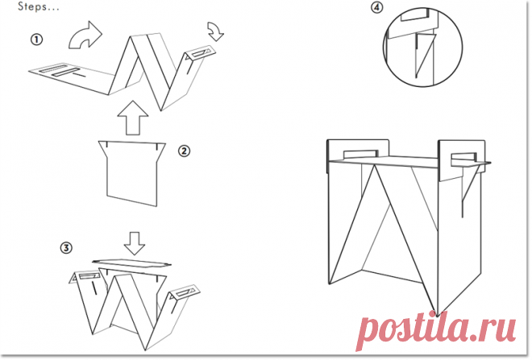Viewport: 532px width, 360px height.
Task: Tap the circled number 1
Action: [36, 39]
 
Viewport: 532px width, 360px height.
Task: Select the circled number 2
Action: [185, 151]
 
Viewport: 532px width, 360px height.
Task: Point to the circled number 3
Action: [66, 247]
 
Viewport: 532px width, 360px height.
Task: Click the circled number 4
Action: [376, 7]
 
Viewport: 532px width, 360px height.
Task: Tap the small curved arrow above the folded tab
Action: [216, 31]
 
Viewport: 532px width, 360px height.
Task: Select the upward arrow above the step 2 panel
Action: [133, 118]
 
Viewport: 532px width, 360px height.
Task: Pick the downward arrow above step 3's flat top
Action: [135, 243]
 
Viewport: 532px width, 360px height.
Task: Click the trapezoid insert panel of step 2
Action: [132, 173]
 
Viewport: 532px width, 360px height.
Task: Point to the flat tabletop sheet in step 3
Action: [131, 263]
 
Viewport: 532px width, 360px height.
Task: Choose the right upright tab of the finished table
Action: [461, 159]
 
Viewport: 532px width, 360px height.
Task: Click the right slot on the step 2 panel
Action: [157, 147]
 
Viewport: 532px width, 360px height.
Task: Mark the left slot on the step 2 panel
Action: [106, 144]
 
